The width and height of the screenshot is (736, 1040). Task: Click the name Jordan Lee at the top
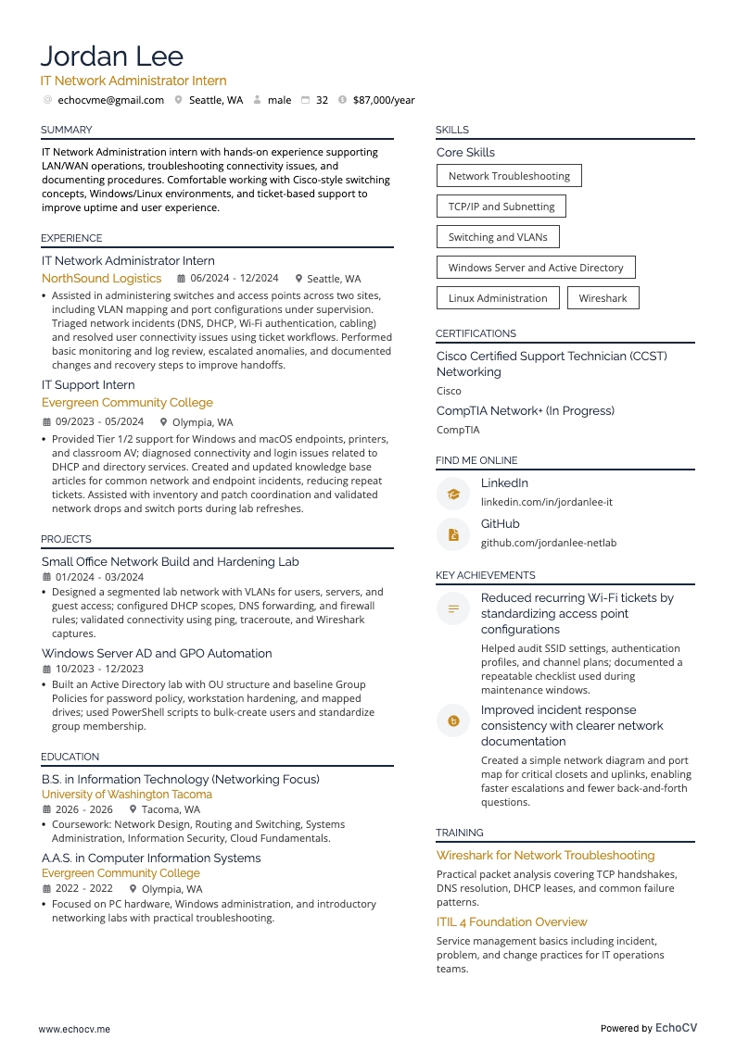112,56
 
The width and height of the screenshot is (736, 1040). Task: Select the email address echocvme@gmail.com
110,100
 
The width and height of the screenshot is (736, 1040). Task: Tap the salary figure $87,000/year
384,100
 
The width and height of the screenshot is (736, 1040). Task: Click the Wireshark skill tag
603,298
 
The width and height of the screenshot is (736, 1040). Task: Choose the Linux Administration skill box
498,298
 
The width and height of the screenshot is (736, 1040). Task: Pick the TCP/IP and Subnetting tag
501,207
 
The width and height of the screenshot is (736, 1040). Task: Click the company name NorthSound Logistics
101,279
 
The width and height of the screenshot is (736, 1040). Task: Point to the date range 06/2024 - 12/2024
235,279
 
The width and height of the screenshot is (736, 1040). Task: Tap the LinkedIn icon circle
453,494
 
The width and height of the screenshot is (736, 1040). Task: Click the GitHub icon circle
453,534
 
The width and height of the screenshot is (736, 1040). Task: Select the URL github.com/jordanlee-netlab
548,543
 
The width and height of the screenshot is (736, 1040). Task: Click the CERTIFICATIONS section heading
476,333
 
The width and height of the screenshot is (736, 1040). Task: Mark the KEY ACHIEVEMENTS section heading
485,575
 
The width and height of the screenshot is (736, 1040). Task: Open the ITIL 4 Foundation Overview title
512,922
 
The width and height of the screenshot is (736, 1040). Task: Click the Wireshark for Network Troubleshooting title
545,856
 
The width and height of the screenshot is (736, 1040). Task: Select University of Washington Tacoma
127,795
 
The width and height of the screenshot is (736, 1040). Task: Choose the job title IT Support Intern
88,385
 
